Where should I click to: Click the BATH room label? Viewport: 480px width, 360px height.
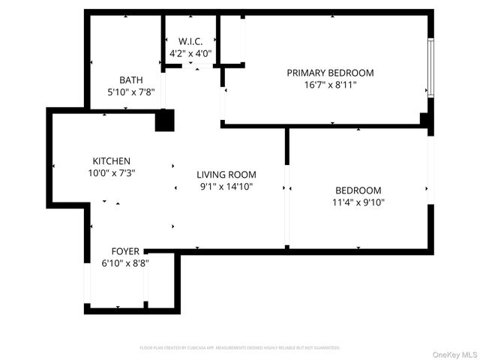131,80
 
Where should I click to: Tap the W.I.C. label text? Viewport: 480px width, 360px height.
190,41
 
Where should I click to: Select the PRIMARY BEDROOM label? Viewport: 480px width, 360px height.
330,73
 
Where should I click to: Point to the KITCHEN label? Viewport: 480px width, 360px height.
112,161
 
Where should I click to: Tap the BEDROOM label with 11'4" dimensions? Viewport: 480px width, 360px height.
358,190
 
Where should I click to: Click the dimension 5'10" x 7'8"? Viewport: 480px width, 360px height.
131,92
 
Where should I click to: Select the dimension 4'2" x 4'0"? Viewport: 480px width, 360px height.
190,54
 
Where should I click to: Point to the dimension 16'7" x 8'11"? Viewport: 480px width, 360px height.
330,85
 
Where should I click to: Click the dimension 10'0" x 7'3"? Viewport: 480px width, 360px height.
112,173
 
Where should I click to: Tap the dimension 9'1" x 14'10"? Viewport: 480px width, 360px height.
226,186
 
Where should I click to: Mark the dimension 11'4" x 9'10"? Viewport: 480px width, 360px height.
358,202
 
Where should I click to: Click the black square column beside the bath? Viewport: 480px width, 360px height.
164,121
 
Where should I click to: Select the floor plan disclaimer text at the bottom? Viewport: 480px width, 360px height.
240,348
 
